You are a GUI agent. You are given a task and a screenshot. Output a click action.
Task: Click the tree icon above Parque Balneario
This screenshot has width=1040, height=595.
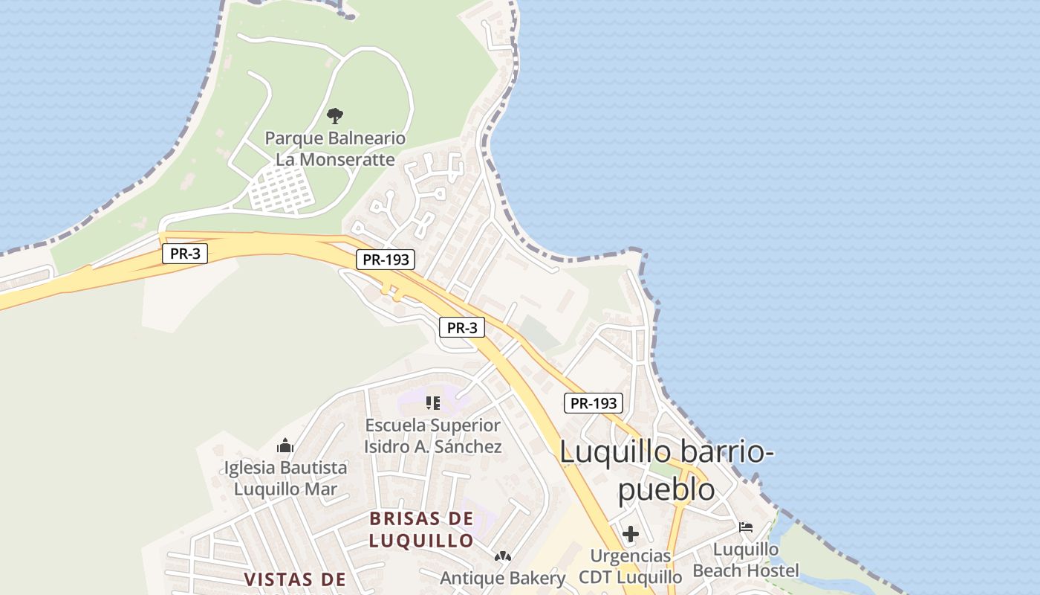pos(335,116)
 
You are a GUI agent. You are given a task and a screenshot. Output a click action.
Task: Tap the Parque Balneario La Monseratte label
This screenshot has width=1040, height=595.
pos(335,149)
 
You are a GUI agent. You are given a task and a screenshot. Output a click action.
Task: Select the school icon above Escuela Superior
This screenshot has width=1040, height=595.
pos(433,403)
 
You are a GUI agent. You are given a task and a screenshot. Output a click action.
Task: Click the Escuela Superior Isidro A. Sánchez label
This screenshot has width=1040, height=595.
pos(433,436)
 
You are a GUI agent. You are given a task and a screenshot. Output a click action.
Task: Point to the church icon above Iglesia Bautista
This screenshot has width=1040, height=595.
pos(285,446)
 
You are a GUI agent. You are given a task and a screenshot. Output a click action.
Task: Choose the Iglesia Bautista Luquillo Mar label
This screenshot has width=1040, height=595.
pos(286,478)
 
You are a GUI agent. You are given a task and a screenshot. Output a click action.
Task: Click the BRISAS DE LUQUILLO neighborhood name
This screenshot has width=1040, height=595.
pos(421,529)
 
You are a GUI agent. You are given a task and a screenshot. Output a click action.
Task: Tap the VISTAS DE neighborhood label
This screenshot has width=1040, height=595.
pos(296,579)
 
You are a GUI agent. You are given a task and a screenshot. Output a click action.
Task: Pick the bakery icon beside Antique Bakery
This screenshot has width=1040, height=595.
pos(503,556)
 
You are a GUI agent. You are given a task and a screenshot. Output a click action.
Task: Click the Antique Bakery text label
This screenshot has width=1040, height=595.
pos(503,578)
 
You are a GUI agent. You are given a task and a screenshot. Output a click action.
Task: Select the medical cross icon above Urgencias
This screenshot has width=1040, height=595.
pos(631,534)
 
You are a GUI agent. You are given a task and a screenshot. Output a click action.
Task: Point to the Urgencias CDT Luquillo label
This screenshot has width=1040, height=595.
pos(631,566)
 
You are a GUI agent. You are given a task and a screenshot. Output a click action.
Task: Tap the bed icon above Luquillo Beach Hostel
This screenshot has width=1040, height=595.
pos(746,527)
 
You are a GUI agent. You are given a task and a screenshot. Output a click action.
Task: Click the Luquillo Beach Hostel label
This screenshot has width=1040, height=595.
pos(746,560)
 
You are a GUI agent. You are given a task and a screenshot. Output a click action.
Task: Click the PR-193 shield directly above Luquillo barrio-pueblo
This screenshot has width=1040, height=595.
pos(594,403)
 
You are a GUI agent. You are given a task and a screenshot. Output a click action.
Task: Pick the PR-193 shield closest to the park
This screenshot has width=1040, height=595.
pos(386,260)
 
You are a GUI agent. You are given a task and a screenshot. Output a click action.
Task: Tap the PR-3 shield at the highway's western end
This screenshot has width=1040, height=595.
pos(185,254)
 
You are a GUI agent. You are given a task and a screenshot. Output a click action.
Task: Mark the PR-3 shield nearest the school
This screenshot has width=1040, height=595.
pos(462,327)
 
